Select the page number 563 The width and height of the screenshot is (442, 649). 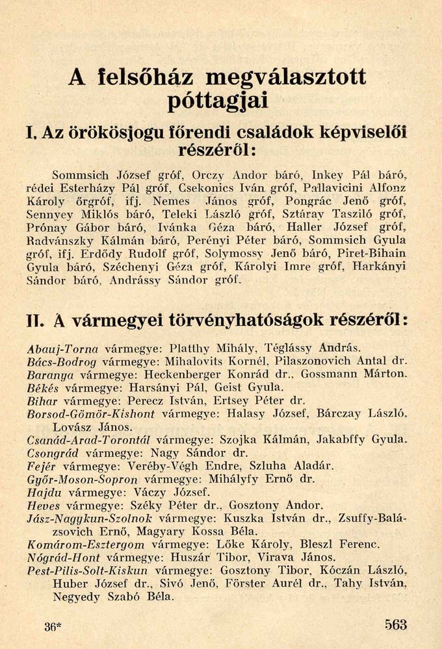(395, 625)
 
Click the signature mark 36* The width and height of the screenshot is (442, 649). (53, 626)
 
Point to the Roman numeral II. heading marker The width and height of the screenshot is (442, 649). (35, 321)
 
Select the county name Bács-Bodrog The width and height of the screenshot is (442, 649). (62, 361)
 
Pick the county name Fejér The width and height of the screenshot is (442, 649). (41, 466)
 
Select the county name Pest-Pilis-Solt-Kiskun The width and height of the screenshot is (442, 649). (88, 571)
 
